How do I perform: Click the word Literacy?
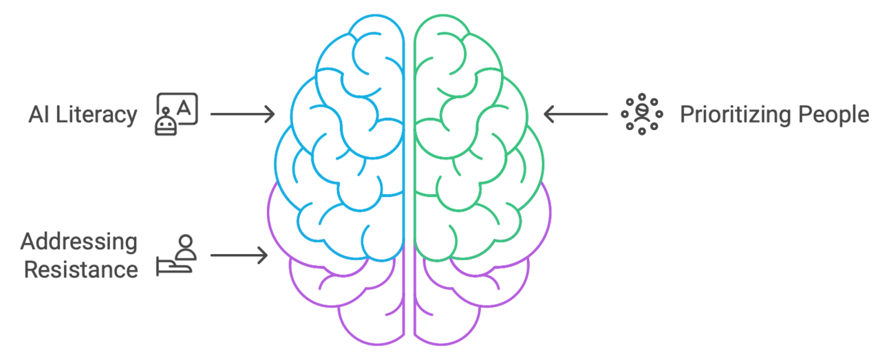[x=97, y=115]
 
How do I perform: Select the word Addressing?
[x=78, y=242]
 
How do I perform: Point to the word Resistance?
[x=81, y=269]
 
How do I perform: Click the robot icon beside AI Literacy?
[x=177, y=114]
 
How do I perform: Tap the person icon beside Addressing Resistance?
[x=177, y=255]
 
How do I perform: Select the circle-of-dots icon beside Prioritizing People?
[x=641, y=114]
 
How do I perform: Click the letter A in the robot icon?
[x=186, y=106]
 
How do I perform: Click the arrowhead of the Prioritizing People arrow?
[x=548, y=114]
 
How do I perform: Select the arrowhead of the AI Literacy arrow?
[x=270, y=114]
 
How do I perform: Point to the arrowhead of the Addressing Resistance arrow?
[x=264, y=255]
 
